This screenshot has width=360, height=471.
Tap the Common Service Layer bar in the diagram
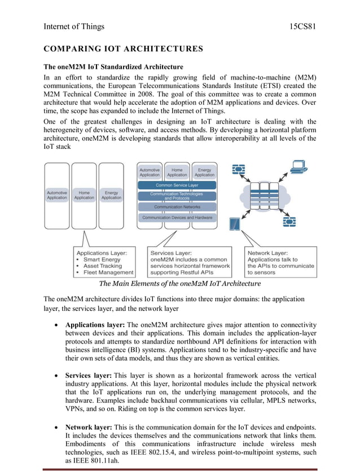[177, 185]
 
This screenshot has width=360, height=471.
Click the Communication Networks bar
[177, 207]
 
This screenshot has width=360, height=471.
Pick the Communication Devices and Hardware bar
[177, 217]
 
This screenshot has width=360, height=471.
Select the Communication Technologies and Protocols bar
[177, 196]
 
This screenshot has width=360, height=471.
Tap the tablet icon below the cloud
[235, 225]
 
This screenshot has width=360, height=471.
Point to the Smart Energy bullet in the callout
[102, 259]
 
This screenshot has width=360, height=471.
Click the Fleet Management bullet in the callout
[108, 272]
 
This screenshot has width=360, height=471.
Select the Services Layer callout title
[170, 253]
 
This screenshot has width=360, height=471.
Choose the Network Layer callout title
[267, 253]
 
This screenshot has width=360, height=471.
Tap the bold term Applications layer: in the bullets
[95, 325]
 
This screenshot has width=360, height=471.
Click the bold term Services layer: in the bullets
[89, 376]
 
